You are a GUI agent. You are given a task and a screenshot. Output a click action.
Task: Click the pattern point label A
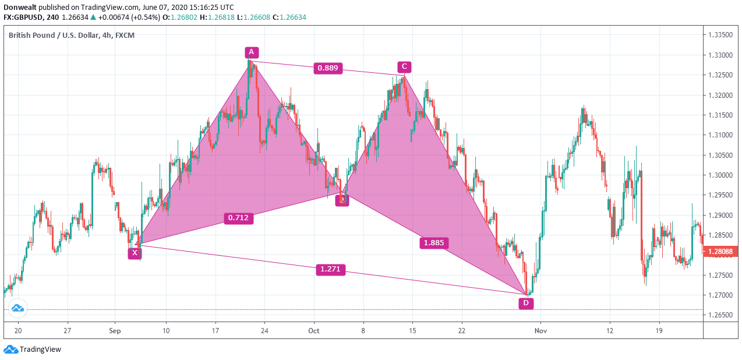coord(251,52)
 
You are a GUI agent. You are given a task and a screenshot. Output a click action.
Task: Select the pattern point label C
coord(404,66)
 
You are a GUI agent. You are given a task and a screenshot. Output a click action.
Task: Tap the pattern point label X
coord(135,253)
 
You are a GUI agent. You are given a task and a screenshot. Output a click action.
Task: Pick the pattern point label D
coord(526,303)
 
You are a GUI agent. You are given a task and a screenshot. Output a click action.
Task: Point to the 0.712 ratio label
coord(238,218)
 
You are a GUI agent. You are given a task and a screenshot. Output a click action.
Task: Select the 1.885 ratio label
coord(434,243)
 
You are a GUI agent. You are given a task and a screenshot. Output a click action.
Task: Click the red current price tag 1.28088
coord(722,252)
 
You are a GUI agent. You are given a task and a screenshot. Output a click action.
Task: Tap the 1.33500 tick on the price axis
coord(720,35)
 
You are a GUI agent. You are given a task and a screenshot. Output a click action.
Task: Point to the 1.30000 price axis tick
coord(720,175)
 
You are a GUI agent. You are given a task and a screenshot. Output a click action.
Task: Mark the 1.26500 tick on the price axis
coord(720,315)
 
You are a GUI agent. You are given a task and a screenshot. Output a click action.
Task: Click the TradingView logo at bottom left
coord(33,350)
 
